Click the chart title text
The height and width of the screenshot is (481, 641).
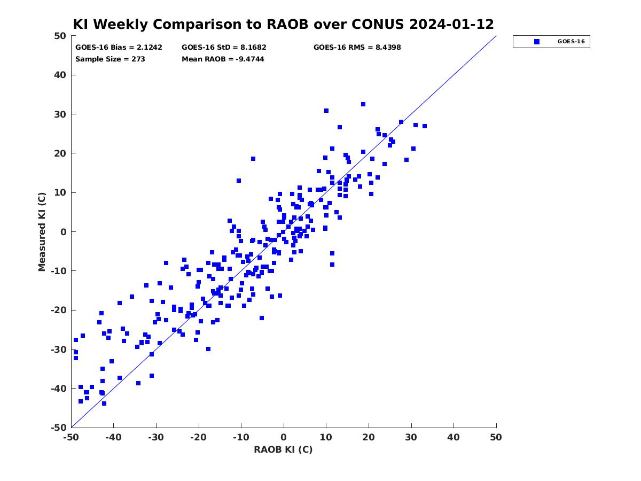pyautogui.click(x=283, y=24)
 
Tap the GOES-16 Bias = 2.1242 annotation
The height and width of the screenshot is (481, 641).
pyautogui.click(x=119, y=48)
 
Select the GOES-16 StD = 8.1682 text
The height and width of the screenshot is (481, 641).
pyautogui.click(x=224, y=48)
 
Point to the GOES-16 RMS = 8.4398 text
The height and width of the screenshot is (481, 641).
pyautogui.click(x=357, y=48)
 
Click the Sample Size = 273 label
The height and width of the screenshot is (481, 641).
pyautogui.click(x=110, y=59)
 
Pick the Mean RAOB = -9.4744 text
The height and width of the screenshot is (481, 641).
pyautogui.click(x=223, y=59)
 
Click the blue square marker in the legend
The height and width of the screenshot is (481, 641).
pyautogui.click(x=536, y=42)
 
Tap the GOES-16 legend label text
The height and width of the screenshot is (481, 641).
pyautogui.click(x=571, y=42)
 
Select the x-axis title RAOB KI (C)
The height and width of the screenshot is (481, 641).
pyautogui.click(x=283, y=449)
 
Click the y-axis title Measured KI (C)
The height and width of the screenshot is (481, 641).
pyautogui.click(x=42, y=231)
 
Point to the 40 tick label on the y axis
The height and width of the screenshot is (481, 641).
pyautogui.click(x=60, y=75)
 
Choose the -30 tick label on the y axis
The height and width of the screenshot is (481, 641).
pyautogui.click(x=59, y=350)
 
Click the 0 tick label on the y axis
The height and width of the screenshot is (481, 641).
pyautogui.click(x=64, y=232)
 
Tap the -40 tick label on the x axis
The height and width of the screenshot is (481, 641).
pyautogui.click(x=113, y=437)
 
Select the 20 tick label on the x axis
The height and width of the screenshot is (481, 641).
pyautogui.click(x=369, y=437)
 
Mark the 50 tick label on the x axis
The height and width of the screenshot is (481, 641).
pyautogui.click(x=496, y=437)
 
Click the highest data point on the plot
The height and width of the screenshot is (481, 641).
pyautogui.click(x=363, y=104)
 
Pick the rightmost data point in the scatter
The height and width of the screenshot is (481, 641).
pyautogui.click(x=425, y=126)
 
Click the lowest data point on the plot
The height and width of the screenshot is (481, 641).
pyautogui.click(x=104, y=404)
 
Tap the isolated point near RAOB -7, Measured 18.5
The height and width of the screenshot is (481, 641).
pyautogui.click(x=253, y=159)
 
